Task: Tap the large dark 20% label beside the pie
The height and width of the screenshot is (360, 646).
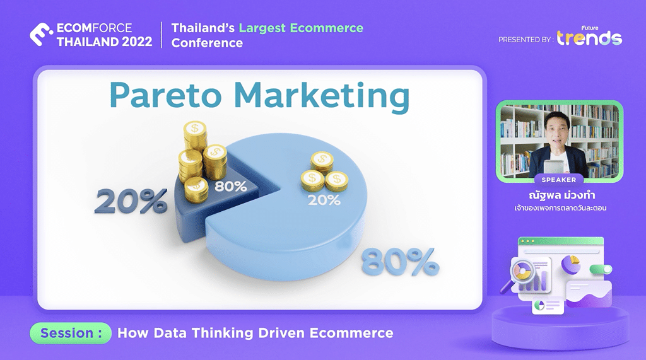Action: [x=131, y=200]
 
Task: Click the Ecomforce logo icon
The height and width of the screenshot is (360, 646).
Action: [x=40, y=35]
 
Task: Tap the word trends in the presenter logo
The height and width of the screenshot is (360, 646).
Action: [x=589, y=38]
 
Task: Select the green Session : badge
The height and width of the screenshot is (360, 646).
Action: [x=71, y=333]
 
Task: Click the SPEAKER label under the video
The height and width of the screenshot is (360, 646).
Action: [x=559, y=180]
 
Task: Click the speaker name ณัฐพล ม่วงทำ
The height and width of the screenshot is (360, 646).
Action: [x=559, y=194]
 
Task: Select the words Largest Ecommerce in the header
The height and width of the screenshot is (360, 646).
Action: [x=301, y=28]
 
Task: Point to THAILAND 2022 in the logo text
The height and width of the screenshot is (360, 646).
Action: [x=104, y=42]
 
